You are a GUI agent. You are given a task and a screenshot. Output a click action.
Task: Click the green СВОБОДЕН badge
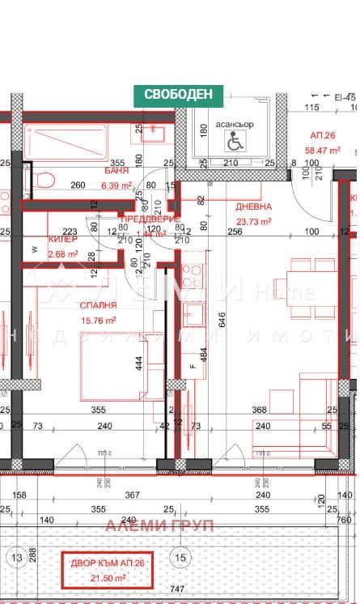click(x=178, y=94)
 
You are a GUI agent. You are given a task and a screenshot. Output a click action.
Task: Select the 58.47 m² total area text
click(x=322, y=150)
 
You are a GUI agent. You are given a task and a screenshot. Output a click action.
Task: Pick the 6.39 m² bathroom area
click(x=116, y=185)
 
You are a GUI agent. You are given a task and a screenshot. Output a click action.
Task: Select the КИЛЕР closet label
click(x=63, y=240)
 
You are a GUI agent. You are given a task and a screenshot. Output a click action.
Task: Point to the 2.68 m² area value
click(x=63, y=254)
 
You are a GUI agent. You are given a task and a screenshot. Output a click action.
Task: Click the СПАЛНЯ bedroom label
click(x=98, y=305)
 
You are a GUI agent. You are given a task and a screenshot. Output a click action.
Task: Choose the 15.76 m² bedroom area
click(x=98, y=320)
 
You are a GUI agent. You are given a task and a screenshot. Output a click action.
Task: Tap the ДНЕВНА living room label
click(x=253, y=206)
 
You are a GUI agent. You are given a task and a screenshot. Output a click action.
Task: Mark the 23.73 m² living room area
click(x=253, y=221)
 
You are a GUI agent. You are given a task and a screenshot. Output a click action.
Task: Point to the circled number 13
click(x=16, y=557)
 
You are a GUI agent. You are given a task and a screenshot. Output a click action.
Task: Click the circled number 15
click(x=180, y=557)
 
